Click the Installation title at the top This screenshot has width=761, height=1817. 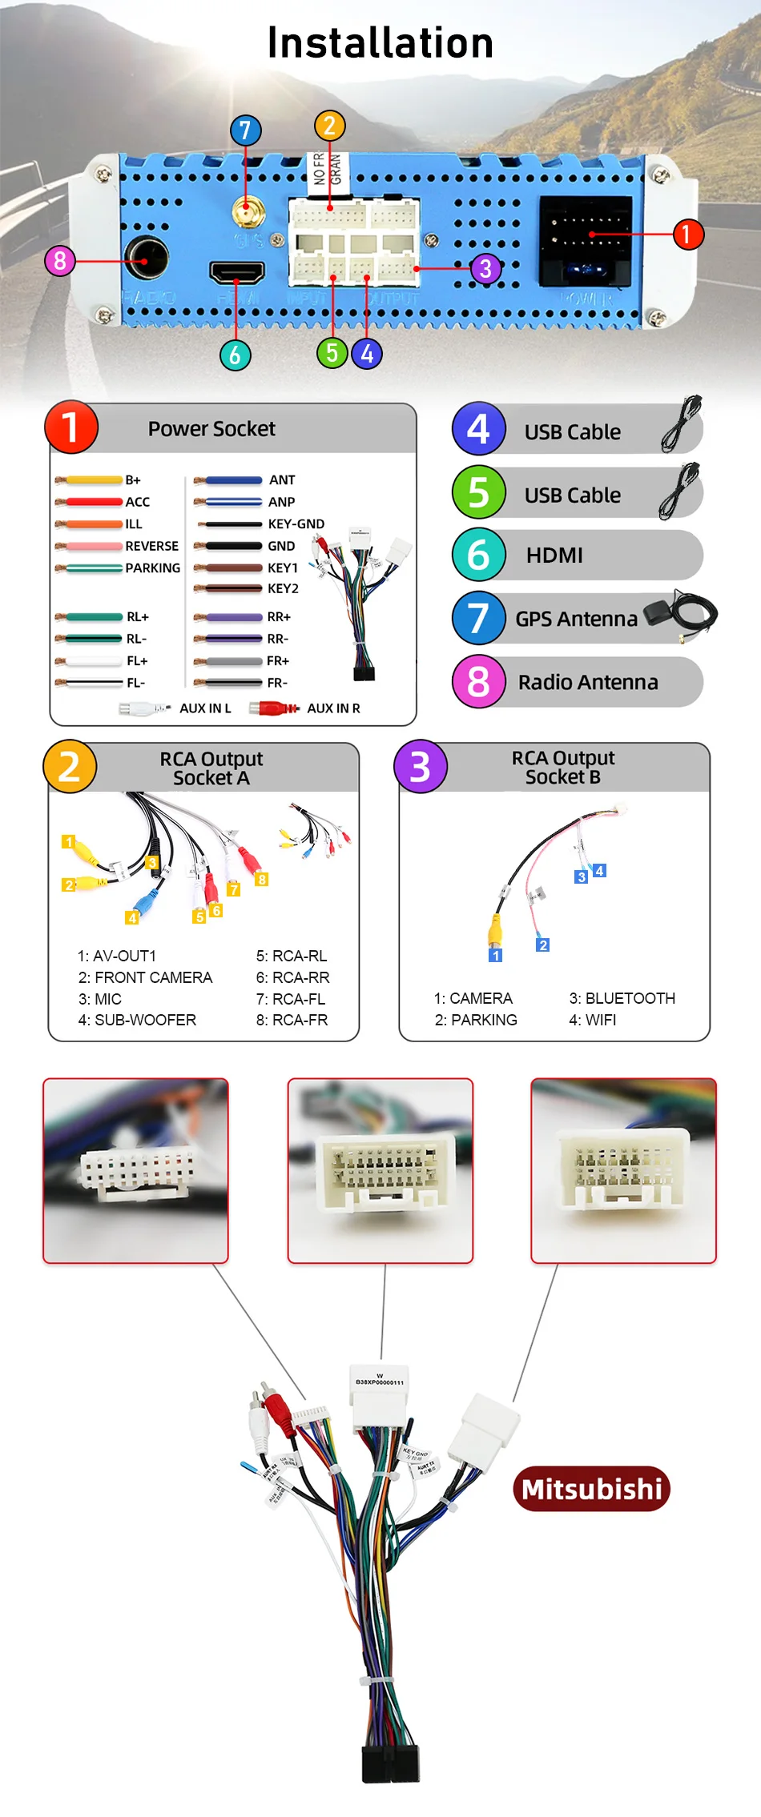point(380,43)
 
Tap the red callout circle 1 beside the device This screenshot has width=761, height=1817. point(687,235)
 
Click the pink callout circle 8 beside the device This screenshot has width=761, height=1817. point(60,260)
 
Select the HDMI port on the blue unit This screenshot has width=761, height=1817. point(237,272)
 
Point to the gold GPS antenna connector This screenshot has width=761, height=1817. point(245,211)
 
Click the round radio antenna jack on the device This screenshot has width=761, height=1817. point(146,259)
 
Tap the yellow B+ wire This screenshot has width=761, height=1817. point(92,480)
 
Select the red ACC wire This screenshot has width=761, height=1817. point(92,502)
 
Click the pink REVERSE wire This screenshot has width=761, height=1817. point(92,546)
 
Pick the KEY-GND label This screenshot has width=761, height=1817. point(296,524)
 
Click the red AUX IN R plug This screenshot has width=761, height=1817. point(272,708)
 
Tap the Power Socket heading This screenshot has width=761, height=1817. point(211,429)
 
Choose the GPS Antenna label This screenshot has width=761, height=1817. point(576,619)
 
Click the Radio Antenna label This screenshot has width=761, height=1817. point(588,682)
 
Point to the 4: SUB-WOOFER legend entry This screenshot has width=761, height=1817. point(137,1020)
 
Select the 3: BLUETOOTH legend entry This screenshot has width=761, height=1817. point(622,998)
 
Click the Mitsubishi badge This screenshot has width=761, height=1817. point(591,1489)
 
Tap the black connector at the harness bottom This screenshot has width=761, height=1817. point(390,1761)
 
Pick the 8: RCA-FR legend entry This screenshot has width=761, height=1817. point(292,1020)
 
